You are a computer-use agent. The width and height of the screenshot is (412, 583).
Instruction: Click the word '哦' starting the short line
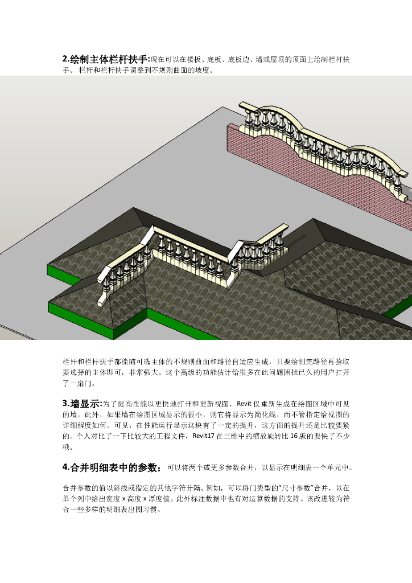pyautogui.click(x=66, y=447)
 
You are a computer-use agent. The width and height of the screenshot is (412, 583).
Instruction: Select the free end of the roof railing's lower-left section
pyautogui.click(x=104, y=295)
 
